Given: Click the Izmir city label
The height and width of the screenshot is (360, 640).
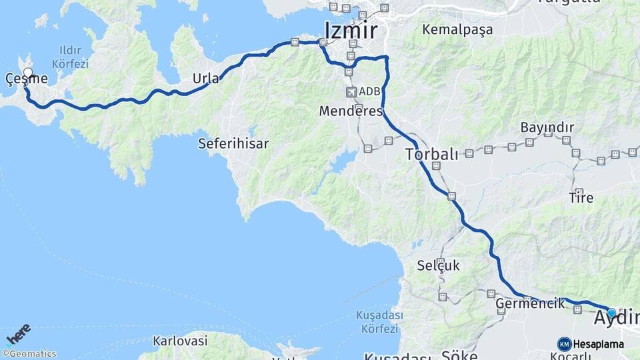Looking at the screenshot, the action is tap(351, 31).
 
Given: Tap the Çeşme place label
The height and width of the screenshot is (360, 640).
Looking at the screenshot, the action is tap(27, 79).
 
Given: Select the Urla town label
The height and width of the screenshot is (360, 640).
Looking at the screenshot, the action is tap(205, 79).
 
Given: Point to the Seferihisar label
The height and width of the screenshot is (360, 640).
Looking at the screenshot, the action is tap(233, 143).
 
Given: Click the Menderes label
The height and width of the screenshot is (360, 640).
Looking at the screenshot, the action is tap(351, 111).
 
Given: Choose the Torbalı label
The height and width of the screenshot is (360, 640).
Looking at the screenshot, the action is tap(431, 155).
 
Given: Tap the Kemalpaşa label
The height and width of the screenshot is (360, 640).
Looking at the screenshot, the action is tap(457, 30).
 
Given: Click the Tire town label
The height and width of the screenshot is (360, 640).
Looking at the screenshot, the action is tap(580, 197).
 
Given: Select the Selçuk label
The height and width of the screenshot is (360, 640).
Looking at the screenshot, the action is tap(438, 265).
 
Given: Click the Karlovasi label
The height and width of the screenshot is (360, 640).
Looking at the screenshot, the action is tap(180, 341).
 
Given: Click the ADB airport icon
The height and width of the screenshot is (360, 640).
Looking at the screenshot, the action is tap(351, 91).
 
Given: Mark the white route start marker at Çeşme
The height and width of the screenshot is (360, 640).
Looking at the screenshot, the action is tap(28, 72).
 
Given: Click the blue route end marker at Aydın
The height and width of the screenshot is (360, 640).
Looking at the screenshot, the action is tap(611, 313).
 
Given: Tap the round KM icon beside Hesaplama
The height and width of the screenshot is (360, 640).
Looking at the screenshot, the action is tap(564, 344).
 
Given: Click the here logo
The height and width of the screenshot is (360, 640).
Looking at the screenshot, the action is tap(18, 334).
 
